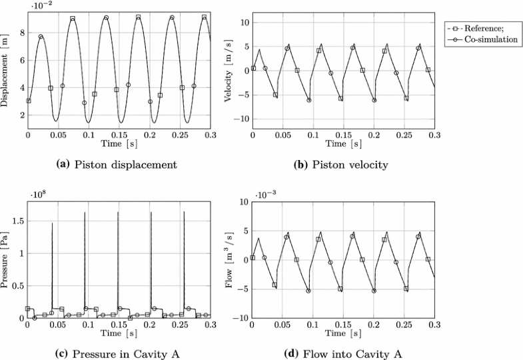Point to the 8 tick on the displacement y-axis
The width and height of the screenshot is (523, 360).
coord(20,32)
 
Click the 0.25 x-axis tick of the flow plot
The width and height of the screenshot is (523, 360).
coord(404,325)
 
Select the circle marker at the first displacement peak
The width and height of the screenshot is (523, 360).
coord(41,37)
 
